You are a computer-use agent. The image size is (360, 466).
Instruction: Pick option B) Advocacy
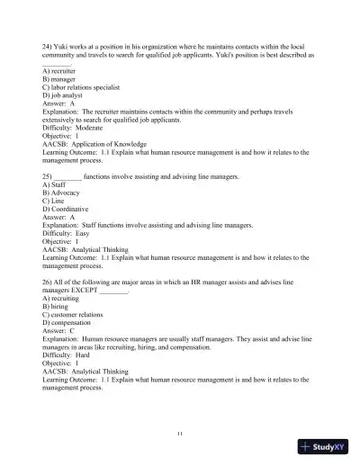pos(60,193)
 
